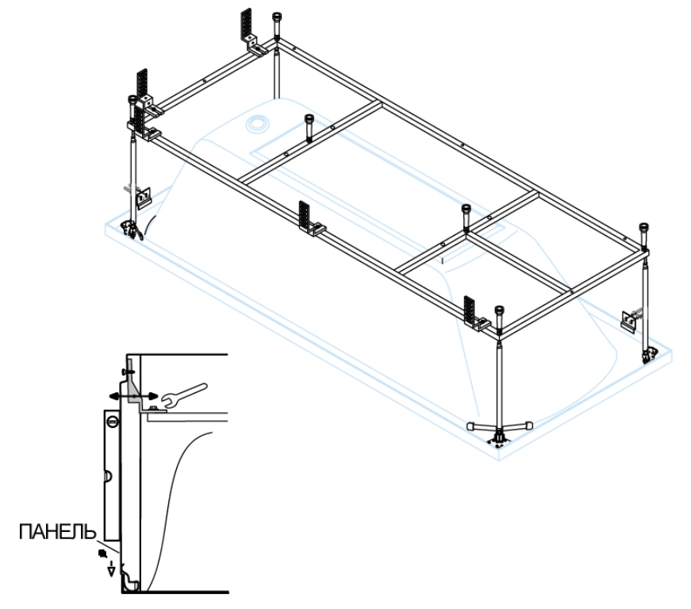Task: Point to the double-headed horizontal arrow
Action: tap(131, 395)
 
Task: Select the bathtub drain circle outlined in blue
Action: tap(258, 124)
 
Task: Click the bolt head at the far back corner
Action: tap(275, 17)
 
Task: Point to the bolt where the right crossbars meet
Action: tap(466, 211)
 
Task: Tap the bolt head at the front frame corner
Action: tap(498, 311)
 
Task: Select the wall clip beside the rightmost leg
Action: tap(630, 320)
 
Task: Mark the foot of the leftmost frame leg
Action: tap(128, 229)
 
